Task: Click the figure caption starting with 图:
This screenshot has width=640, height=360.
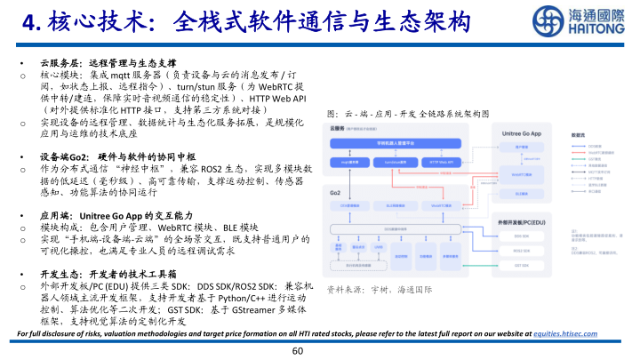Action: [409, 115]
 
